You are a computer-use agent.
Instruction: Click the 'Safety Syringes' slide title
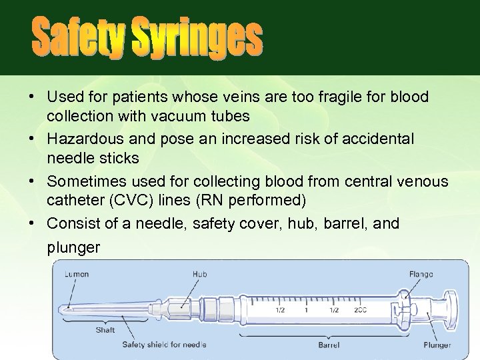pos(147,38)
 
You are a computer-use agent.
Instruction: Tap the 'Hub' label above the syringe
pos(199,273)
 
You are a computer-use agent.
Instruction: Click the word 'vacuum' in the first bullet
pos(181,117)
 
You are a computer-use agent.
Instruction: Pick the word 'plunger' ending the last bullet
pos(74,247)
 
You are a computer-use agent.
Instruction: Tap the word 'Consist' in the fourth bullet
pos(69,223)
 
